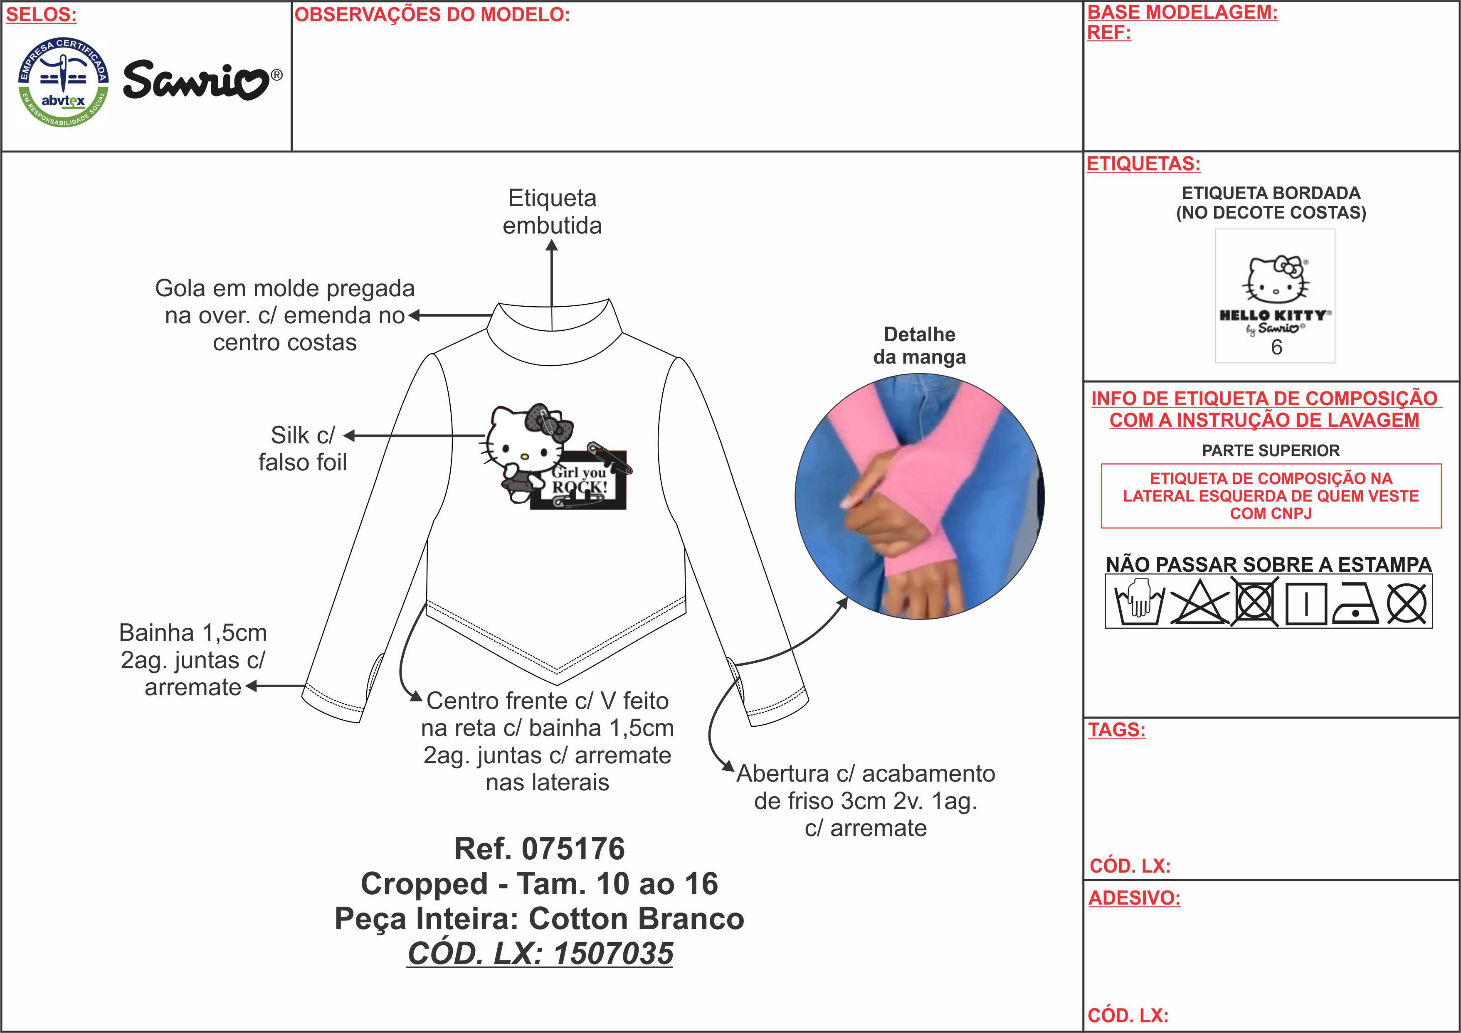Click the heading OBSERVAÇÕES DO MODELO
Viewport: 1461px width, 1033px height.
[432, 15]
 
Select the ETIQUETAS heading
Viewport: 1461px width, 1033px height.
[1143, 164]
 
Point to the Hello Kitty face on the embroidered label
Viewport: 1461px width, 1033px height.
[1276, 280]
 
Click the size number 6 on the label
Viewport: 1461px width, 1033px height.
[1276, 347]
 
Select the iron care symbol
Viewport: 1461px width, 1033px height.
[1355, 603]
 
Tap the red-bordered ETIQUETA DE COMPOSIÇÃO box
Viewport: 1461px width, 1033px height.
[1271, 496]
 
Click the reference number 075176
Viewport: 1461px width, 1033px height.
[573, 849]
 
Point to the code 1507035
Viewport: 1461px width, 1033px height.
[613, 954]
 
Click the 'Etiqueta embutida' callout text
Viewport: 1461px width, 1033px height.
[552, 212]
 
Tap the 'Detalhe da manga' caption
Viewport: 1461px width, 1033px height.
[920, 345]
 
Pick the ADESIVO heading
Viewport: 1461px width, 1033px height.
[1134, 898]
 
